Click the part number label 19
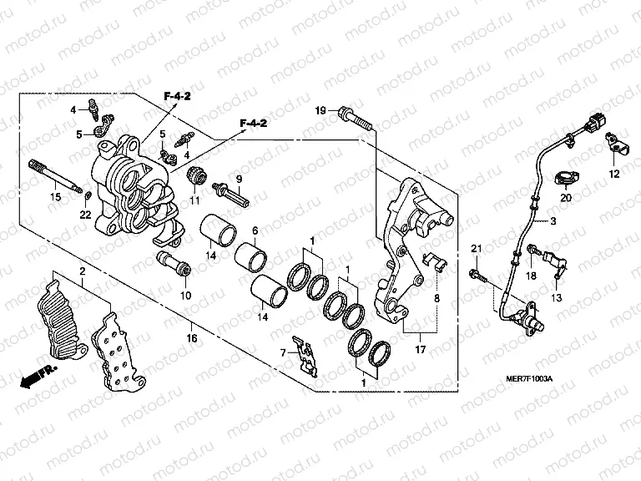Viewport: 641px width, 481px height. click(x=320, y=111)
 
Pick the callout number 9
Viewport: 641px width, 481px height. click(x=238, y=180)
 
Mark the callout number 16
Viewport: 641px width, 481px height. click(x=191, y=338)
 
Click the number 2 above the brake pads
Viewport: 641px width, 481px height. click(x=82, y=273)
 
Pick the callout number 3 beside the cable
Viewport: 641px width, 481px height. click(x=553, y=221)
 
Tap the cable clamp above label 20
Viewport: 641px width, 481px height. click(x=566, y=178)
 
